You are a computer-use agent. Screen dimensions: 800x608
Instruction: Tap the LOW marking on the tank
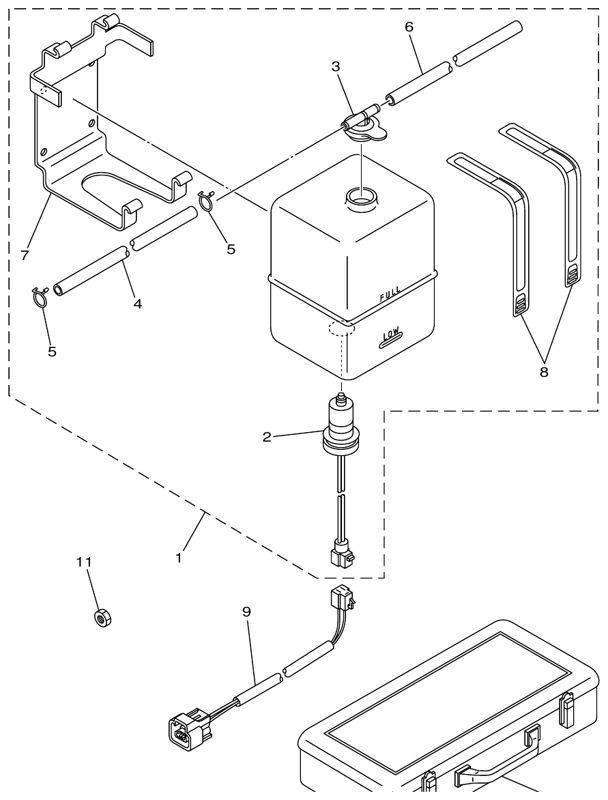390,335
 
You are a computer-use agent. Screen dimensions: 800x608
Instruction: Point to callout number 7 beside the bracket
25,255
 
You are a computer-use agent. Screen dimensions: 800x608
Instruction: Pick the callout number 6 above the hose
409,27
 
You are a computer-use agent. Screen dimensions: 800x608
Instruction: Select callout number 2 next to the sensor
267,437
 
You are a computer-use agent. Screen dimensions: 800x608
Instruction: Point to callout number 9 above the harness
246,612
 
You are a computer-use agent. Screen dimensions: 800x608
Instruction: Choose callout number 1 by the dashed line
179,557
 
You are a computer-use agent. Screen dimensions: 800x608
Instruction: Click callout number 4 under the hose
138,304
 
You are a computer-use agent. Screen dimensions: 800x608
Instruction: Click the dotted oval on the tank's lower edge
341,328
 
